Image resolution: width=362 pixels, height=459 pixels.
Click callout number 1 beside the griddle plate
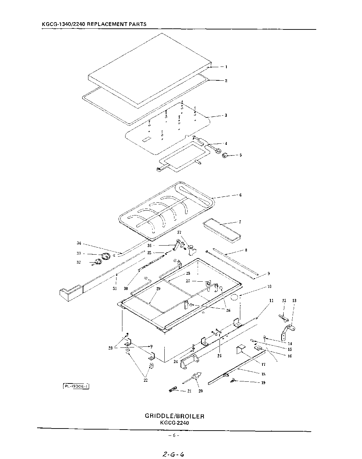[226, 67]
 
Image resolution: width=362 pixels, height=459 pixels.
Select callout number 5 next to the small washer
[241, 155]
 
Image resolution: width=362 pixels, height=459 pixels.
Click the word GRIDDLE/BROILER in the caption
[174, 416]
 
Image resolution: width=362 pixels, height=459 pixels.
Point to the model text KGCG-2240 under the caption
[174, 423]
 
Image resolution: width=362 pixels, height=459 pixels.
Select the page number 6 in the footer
[174, 435]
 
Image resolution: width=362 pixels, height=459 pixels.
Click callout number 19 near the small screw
[264, 383]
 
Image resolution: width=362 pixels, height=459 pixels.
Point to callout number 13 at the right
[294, 301]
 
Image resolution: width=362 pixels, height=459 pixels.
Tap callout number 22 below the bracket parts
[146, 380]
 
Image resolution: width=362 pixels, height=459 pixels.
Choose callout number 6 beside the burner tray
[240, 195]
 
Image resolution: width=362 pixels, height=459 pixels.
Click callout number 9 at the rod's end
[268, 274]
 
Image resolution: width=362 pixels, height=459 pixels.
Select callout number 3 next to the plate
[226, 115]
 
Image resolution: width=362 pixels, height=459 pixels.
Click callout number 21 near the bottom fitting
[189, 391]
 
